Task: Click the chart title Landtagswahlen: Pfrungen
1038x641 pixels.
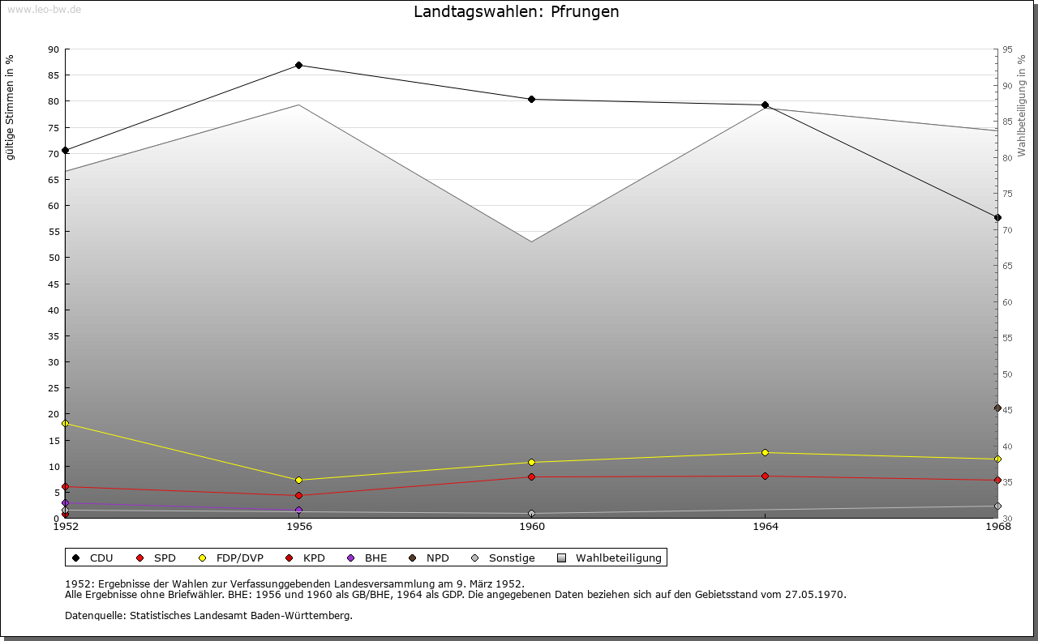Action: (516, 11)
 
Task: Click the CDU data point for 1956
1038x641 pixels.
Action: (298, 65)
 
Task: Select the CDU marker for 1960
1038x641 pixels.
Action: (532, 99)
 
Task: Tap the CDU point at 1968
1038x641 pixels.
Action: (997, 217)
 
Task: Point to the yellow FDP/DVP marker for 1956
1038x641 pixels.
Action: (298, 480)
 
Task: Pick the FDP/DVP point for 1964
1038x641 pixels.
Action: (765, 452)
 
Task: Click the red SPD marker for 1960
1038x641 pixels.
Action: (532, 476)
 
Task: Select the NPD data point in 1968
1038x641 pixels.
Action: (997, 408)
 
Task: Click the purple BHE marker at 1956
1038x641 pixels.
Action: (298, 510)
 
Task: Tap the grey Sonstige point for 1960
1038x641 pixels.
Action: (532, 513)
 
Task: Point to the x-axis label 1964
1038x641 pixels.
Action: (765, 527)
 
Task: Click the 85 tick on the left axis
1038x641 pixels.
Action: (54, 75)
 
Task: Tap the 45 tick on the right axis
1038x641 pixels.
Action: (1007, 410)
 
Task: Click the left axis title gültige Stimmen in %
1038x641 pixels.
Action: (10, 107)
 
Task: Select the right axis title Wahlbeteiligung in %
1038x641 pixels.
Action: (1022, 105)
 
